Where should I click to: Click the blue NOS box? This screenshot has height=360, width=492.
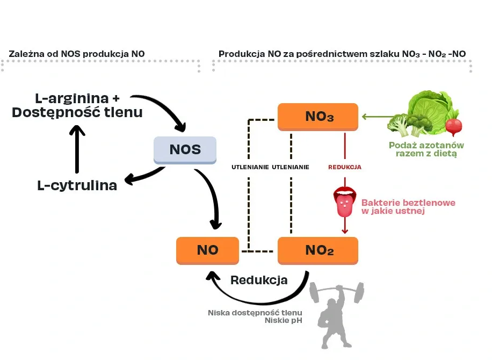click(x=185, y=149)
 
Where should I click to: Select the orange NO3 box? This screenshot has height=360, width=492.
click(x=318, y=116)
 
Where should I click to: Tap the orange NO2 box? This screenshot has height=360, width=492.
click(x=318, y=250)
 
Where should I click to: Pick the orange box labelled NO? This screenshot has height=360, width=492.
click(x=207, y=250)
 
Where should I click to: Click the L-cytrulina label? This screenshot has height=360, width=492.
click(x=77, y=186)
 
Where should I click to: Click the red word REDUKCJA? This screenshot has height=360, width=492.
click(x=344, y=167)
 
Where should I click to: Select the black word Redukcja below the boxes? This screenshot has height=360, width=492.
click(x=259, y=280)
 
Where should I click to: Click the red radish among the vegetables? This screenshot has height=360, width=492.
click(x=454, y=126)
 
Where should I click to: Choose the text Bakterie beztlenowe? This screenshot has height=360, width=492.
click(x=408, y=203)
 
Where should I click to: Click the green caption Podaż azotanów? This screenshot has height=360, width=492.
click(x=426, y=145)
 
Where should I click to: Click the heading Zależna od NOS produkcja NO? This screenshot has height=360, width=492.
click(x=77, y=54)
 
